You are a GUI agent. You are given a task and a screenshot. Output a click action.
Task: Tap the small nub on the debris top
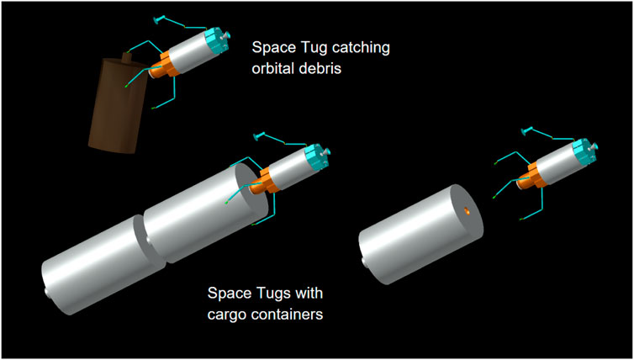point(128,58)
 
